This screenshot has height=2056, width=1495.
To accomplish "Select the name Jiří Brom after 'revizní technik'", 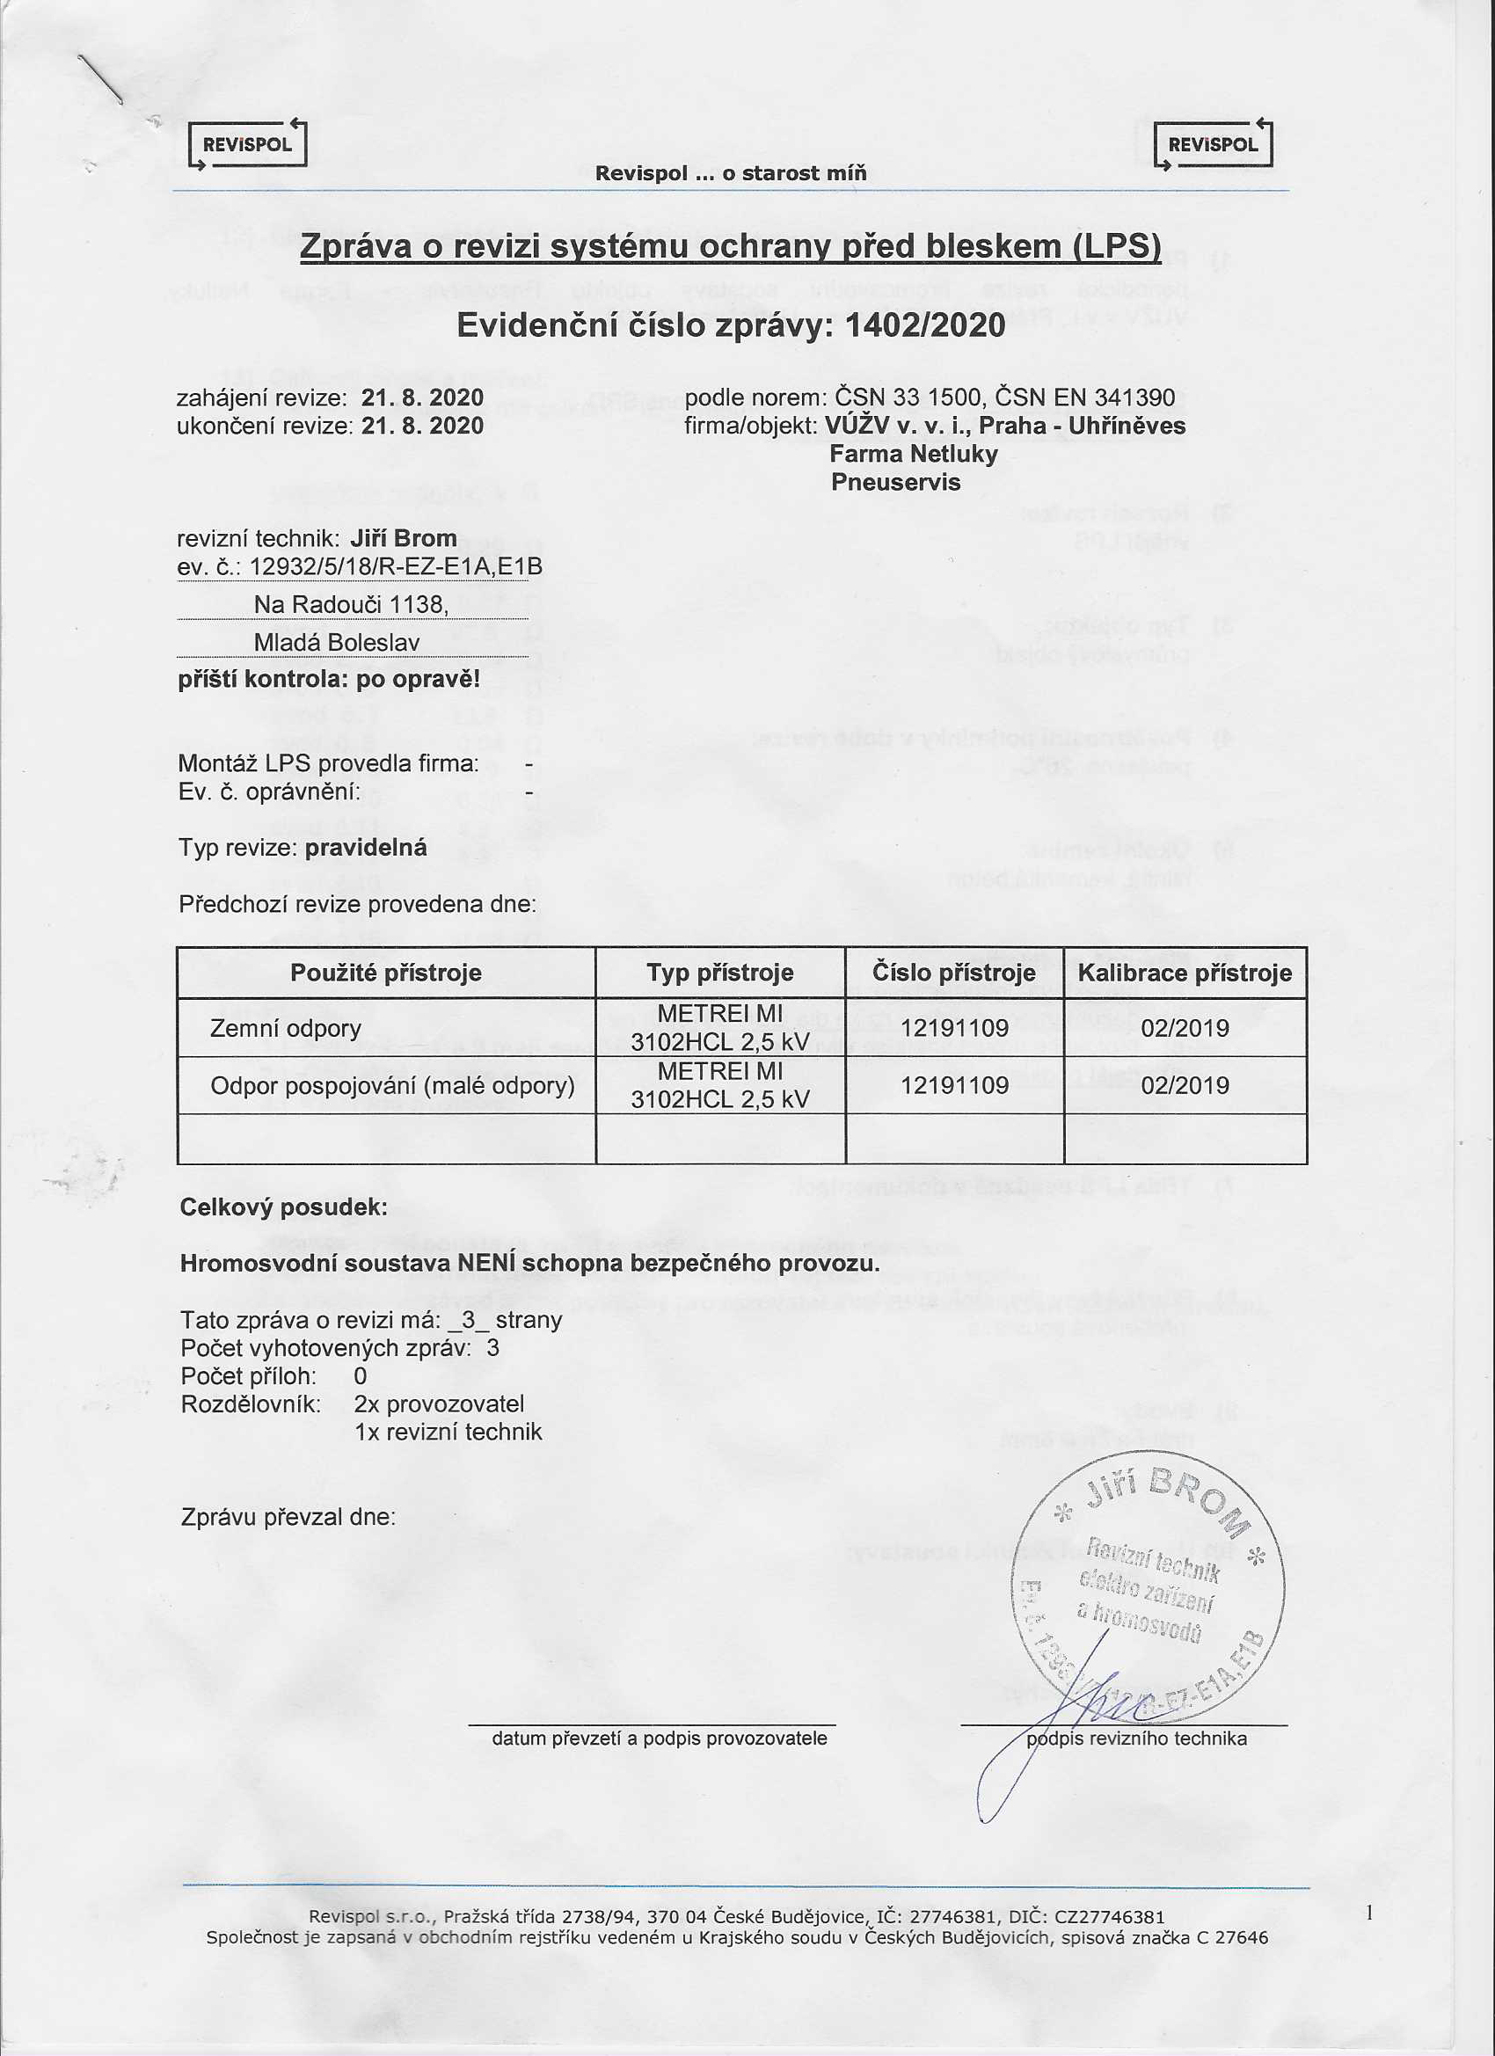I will (403, 538).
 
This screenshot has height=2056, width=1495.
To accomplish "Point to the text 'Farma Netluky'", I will (913, 454).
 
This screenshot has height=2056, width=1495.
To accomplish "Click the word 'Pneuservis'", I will (895, 482).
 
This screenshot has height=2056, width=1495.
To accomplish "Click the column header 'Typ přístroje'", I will (720, 973).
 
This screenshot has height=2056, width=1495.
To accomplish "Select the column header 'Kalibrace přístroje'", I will (1184, 973).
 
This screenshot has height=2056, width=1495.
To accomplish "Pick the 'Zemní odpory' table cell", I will (285, 1029).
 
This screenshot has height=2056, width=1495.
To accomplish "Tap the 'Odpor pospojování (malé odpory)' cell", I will (391, 1086).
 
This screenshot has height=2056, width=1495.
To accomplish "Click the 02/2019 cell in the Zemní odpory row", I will (1184, 1029).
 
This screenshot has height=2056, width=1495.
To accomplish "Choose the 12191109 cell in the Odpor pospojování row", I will (954, 1086).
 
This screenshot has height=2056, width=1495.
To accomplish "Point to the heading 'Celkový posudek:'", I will (283, 1207).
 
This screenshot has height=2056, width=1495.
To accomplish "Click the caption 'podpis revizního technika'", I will (1136, 1739).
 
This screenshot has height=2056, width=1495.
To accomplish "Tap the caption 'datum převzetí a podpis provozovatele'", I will (659, 1739).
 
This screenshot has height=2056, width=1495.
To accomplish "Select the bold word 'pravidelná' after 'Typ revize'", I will (365, 849).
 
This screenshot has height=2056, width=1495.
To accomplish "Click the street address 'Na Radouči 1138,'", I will (351, 604).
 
